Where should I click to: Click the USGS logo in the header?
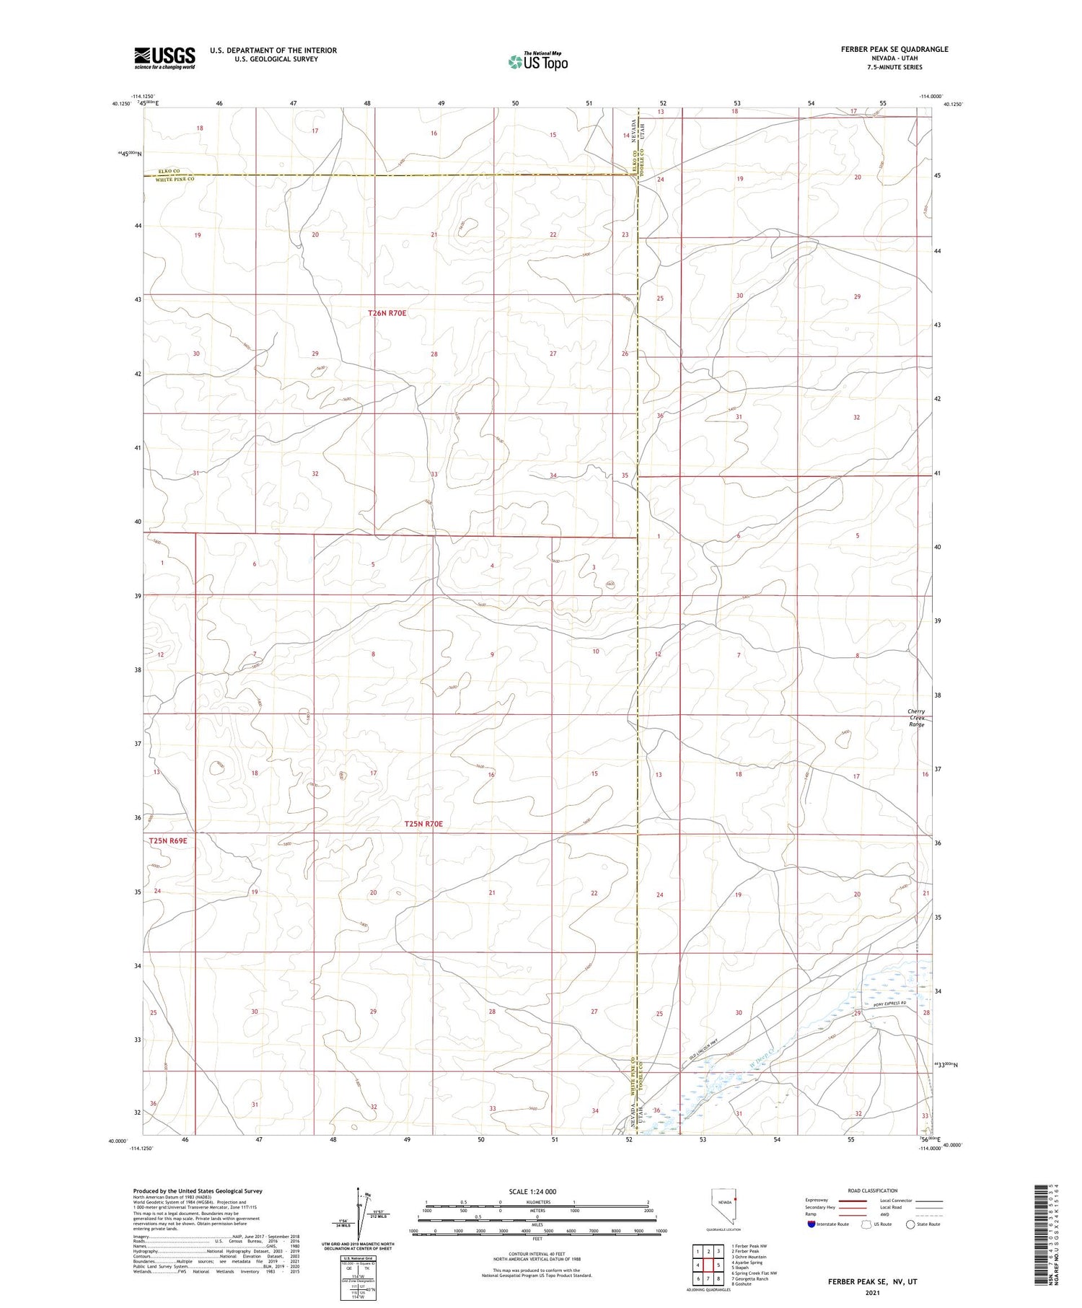pyautogui.click(x=164, y=58)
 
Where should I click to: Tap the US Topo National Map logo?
pyautogui.click(x=537, y=62)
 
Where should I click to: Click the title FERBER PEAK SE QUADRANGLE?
pyautogui.click(x=894, y=49)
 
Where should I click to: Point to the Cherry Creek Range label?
pyautogui.click(x=916, y=718)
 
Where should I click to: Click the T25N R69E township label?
pyautogui.click(x=168, y=841)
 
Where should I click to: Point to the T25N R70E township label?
pyautogui.click(x=423, y=824)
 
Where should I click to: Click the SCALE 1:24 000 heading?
pyautogui.click(x=532, y=1191)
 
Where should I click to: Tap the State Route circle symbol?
pyautogui.click(x=911, y=1224)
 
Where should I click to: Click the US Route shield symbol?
pyautogui.click(x=866, y=1224)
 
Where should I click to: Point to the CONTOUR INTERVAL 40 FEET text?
pyautogui.click(x=537, y=1254)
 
